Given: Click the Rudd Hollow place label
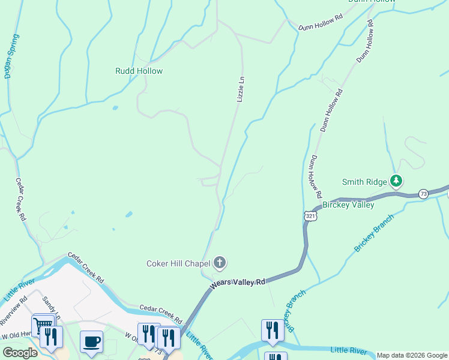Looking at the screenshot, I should [139, 71].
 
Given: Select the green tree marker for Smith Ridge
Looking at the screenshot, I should [396, 180].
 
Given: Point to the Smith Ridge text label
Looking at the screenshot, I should [364, 182].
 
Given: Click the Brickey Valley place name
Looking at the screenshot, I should [348, 205].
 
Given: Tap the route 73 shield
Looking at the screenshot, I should [424, 193].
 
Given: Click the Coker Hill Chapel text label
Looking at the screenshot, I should [178, 263].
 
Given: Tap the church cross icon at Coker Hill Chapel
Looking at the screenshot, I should [220, 262].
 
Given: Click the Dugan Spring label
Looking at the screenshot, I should [8, 56].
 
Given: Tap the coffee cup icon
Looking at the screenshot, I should [91, 341].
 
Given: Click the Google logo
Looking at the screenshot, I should [19, 353].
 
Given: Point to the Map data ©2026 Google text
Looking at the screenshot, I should [412, 355].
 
